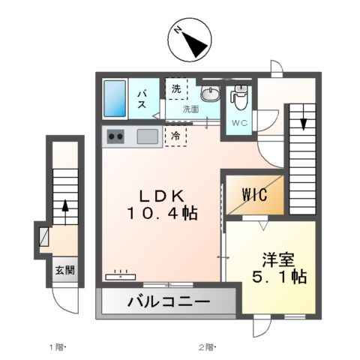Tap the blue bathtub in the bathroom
click(116, 100)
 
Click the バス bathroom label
click(142, 98)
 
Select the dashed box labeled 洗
click(175, 89)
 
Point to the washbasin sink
click(209, 94)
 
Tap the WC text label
click(238, 122)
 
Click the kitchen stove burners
click(116, 136)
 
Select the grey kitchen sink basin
click(146, 136)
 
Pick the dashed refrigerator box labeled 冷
click(175, 136)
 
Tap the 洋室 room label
click(277, 260)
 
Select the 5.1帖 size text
click(277, 278)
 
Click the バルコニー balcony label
click(167, 303)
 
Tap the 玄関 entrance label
click(63, 271)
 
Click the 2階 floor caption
click(206, 346)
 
